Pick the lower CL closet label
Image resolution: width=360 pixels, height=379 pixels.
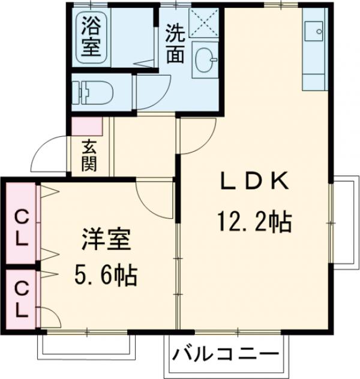coord(21,300)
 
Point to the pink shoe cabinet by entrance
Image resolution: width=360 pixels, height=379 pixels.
coord(88,126)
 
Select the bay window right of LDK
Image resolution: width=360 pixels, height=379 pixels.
coord(344,221)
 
